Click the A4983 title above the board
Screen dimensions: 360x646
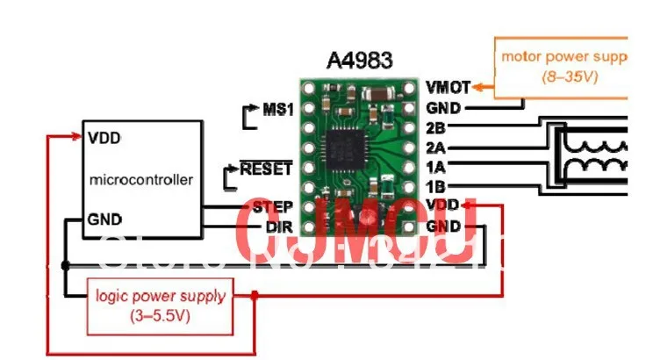coord(360,61)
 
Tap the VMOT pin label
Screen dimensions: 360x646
coord(447,87)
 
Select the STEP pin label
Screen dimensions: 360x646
coord(271,207)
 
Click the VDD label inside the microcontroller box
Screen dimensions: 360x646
coord(104,138)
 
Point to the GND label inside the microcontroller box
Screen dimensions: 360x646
coord(105,219)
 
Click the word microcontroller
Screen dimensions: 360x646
coord(141,180)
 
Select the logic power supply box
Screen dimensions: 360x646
coord(160,302)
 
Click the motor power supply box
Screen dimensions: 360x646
coord(563,67)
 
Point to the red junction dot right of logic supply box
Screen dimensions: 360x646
coord(255,296)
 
